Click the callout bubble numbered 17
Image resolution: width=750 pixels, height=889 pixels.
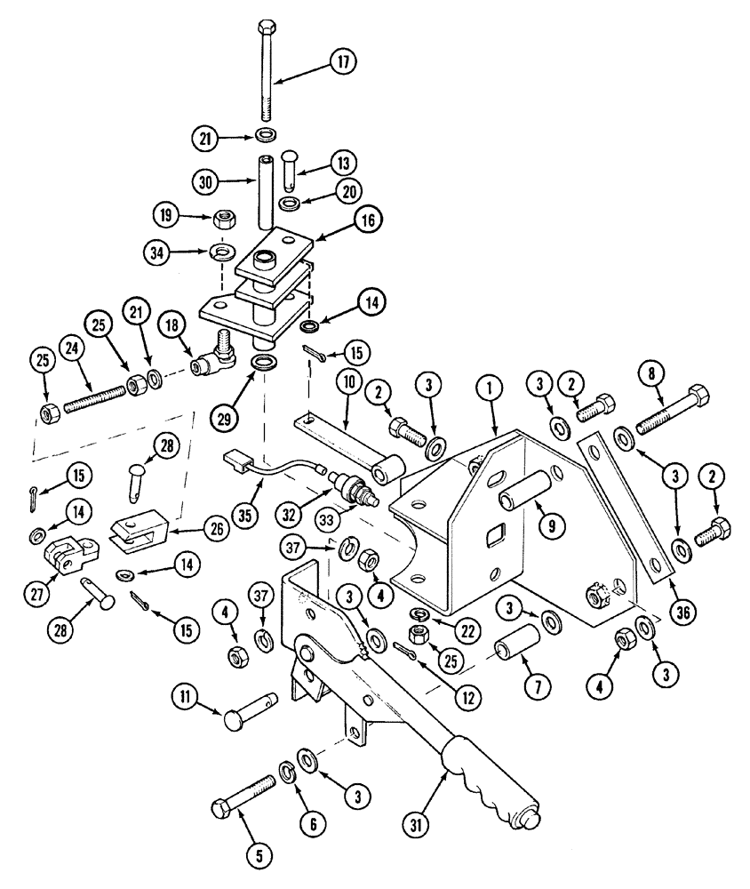tap(343, 62)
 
